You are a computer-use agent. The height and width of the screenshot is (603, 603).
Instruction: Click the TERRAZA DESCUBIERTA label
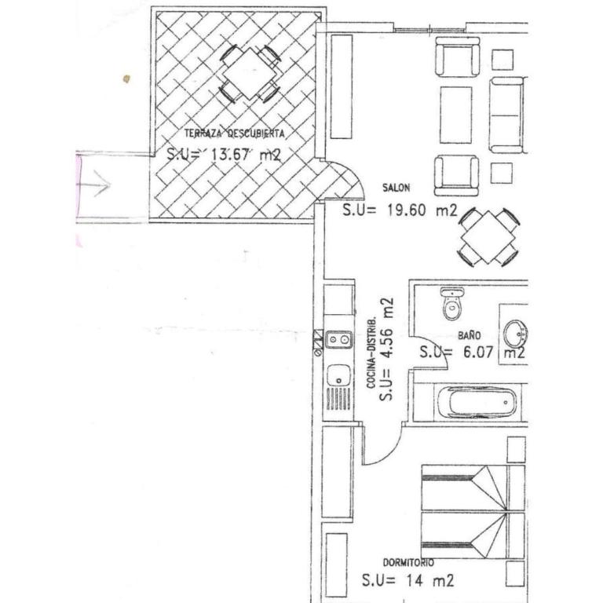point(234,133)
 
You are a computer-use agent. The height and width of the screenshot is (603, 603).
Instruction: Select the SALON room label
point(396,188)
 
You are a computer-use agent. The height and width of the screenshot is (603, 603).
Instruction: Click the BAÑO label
point(470,335)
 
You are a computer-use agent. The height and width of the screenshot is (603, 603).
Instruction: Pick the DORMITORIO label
point(408,563)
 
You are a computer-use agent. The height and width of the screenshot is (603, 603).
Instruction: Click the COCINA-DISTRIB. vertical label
point(371,353)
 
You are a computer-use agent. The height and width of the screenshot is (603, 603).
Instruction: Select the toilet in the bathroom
point(452,304)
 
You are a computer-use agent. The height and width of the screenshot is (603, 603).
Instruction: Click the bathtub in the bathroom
point(477,402)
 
